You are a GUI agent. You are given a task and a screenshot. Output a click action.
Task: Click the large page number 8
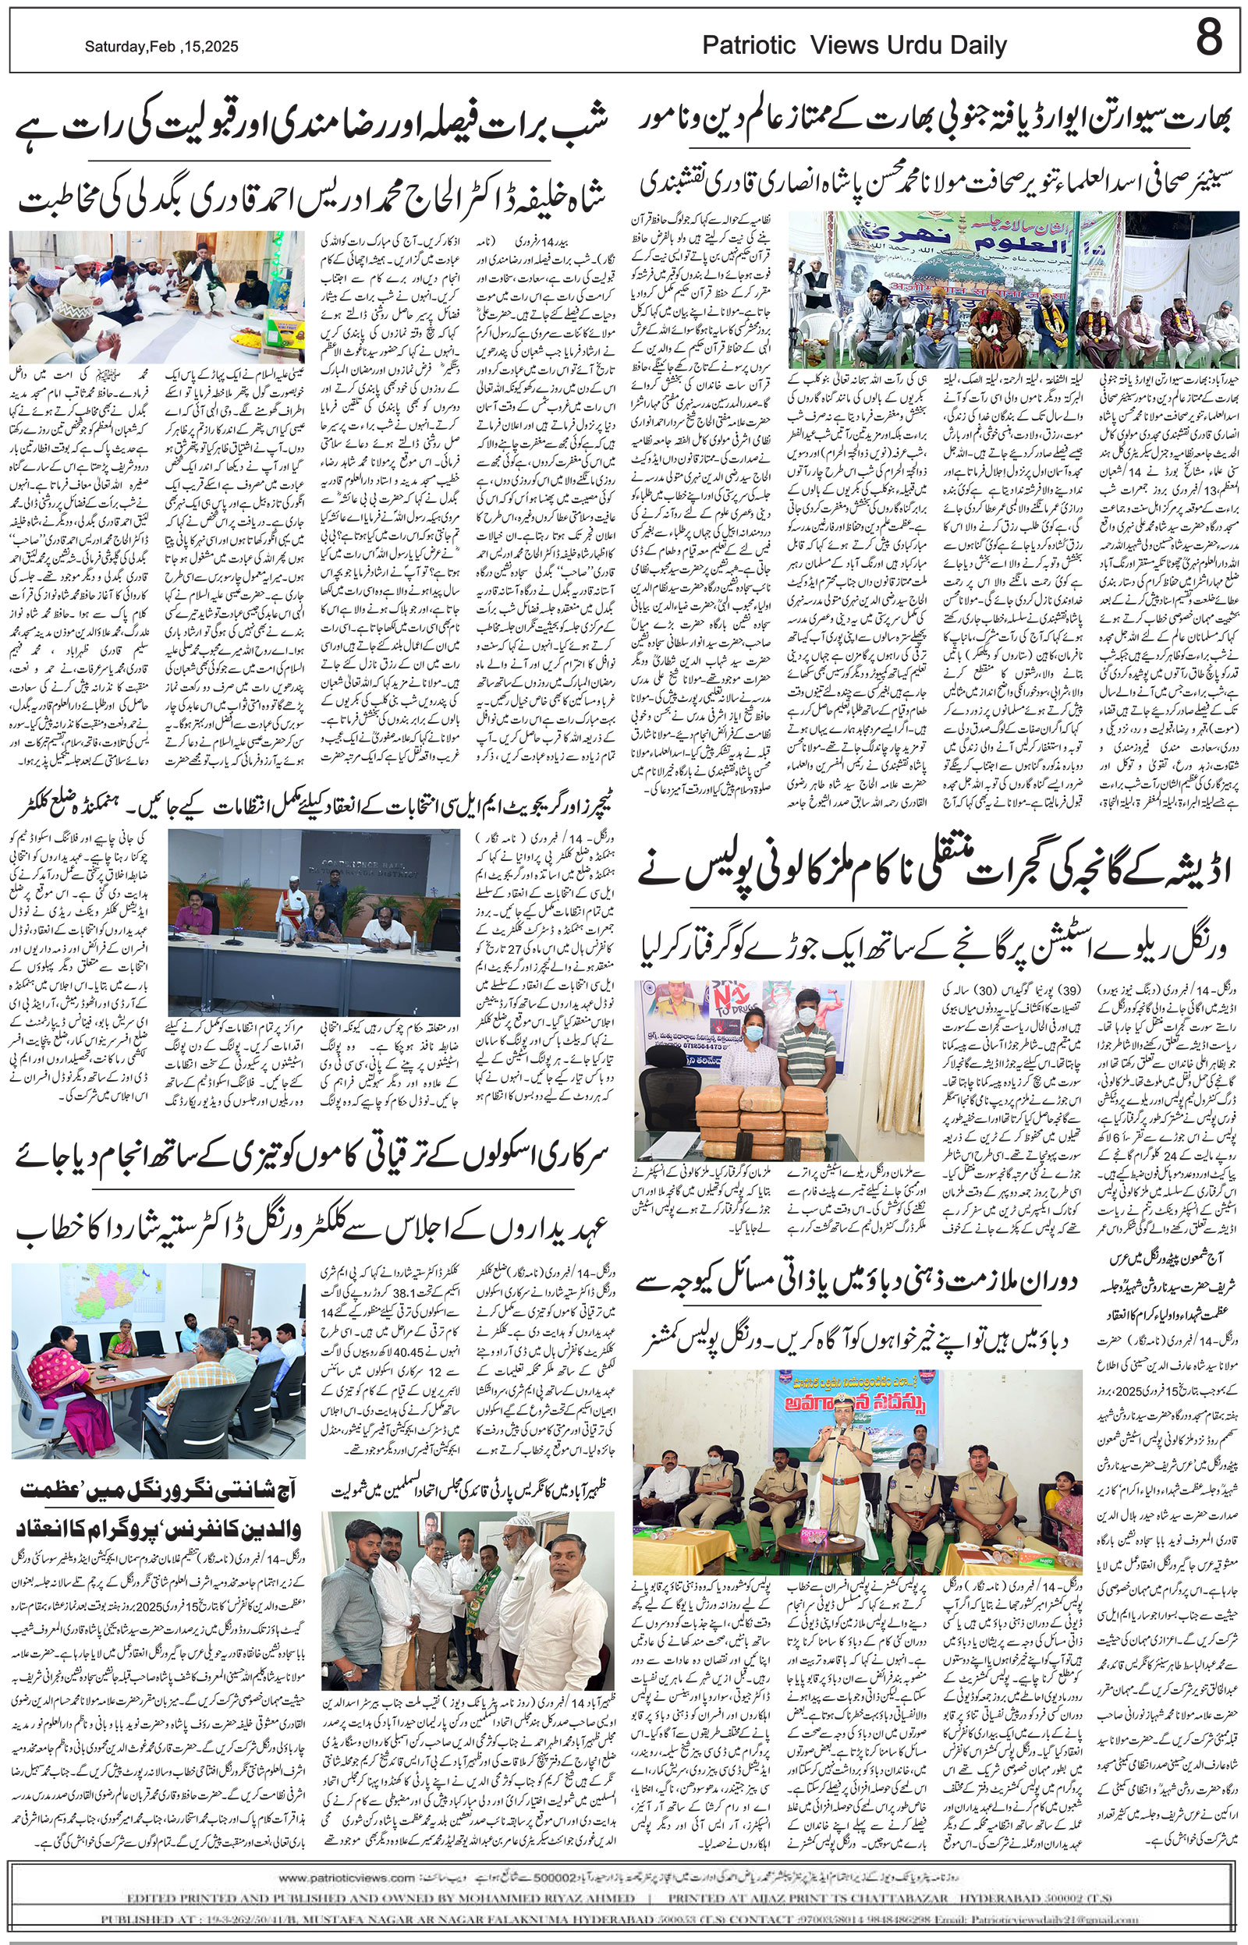click(x=1208, y=38)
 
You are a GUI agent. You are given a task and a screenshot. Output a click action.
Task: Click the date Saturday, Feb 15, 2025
click(x=161, y=47)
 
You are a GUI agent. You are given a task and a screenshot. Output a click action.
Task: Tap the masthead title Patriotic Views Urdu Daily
click(x=854, y=45)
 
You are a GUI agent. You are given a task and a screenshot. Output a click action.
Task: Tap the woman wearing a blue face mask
click(x=743, y=1050)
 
